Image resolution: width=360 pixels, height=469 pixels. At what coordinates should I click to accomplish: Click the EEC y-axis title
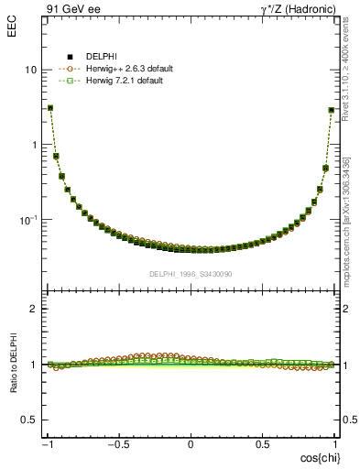click(x=12, y=16)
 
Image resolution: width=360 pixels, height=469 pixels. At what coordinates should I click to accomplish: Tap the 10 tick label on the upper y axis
click(x=31, y=71)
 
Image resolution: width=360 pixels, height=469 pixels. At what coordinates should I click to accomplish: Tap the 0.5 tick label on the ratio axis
click(x=29, y=420)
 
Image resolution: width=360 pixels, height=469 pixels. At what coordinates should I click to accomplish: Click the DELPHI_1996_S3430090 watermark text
click(x=190, y=274)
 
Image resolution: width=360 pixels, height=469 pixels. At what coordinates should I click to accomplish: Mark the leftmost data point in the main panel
click(x=50, y=107)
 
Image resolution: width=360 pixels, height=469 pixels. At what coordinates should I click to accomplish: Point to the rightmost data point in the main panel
click(x=331, y=110)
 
